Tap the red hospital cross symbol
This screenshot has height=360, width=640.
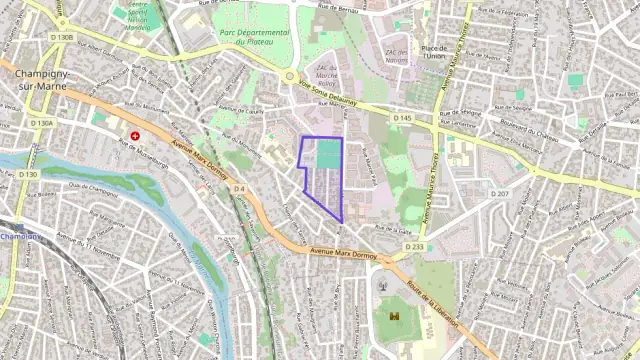point(135,135)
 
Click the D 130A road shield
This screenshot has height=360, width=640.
point(42,123)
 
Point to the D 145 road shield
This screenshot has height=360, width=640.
point(402,118)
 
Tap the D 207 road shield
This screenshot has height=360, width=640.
point(502,193)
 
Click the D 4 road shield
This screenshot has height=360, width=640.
point(239,188)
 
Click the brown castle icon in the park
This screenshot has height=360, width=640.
point(394,316)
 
